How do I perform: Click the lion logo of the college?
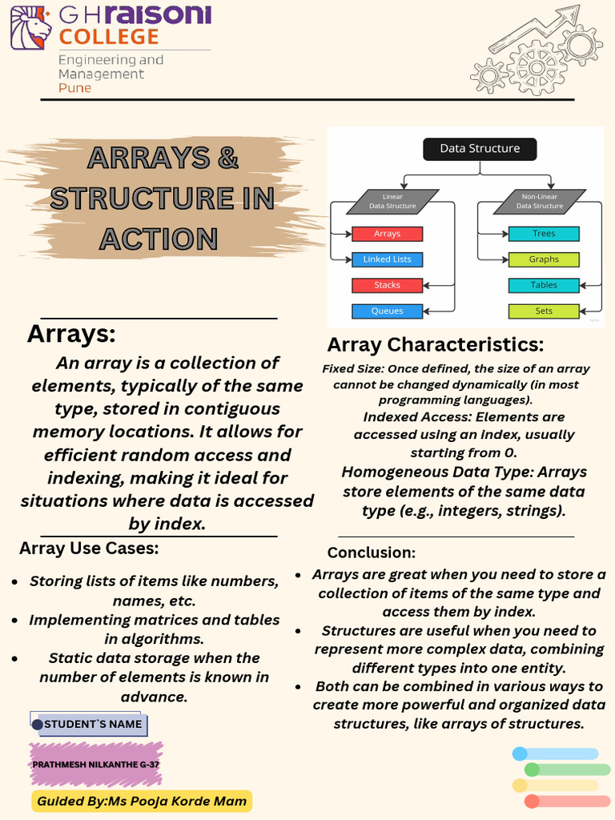(x=31, y=28)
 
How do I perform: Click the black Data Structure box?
(x=480, y=149)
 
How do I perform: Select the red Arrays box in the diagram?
(x=387, y=234)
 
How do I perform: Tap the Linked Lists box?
(x=387, y=259)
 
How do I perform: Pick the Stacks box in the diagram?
(x=387, y=285)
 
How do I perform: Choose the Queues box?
(x=387, y=312)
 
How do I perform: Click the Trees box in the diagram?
(x=544, y=234)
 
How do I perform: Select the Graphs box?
(x=544, y=259)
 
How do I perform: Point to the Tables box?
(x=544, y=285)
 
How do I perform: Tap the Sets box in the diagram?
(x=544, y=312)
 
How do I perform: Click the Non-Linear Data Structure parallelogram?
(x=540, y=201)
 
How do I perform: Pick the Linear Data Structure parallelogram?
(x=392, y=201)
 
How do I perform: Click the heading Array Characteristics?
(x=436, y=344)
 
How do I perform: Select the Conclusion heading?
(x=372, y=553)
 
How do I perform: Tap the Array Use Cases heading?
(x=89, y=548)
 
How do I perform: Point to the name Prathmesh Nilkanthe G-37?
(x=96, y=765)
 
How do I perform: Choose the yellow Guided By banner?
(x=142, y=801)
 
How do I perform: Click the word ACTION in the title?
(x=159, y=239)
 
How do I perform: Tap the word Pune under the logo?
(x=74, y=88)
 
